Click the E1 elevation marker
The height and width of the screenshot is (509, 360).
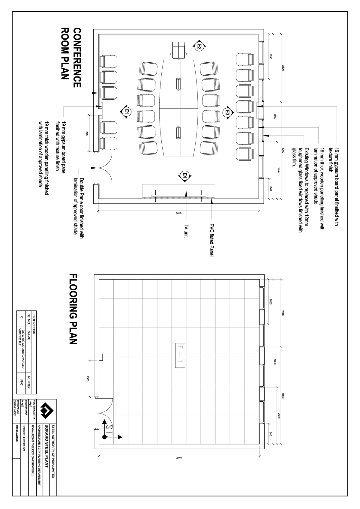point(127,111)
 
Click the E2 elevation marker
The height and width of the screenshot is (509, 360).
point(199,46)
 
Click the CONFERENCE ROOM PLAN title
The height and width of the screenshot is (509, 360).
point(71,58)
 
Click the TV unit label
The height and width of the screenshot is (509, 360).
point(186,231)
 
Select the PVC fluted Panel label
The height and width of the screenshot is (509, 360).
point(212,240)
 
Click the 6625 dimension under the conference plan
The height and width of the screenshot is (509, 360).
point(178,213)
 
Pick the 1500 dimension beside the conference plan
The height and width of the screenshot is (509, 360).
point(87,133)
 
